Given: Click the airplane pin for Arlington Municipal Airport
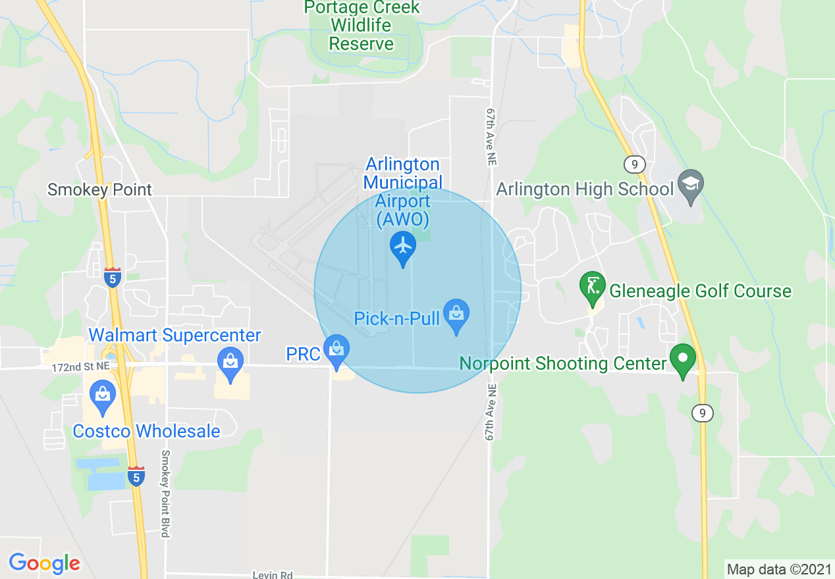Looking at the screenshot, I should (x=402, y=246).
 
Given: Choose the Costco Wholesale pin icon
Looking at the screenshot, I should (x=102, y=395).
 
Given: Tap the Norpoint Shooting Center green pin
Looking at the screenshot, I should (x=683, y=359).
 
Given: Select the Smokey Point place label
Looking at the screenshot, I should (x=99, y=189).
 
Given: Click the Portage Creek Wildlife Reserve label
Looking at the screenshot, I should (x=362, y=26).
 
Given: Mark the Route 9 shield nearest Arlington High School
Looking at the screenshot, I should (x=635, y=164).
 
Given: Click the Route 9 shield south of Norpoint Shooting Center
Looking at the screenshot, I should (x=703, y=413).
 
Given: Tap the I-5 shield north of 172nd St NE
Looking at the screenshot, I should (x=113, y=277).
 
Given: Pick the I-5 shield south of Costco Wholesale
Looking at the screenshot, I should (x=136, y=477).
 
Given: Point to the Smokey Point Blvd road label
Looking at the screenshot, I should (x=166, y=493).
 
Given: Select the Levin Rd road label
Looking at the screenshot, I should (x=272, y=574).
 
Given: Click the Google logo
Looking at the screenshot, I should (x=44, y=563).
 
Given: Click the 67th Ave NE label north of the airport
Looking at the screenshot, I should (x=491, y=136).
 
